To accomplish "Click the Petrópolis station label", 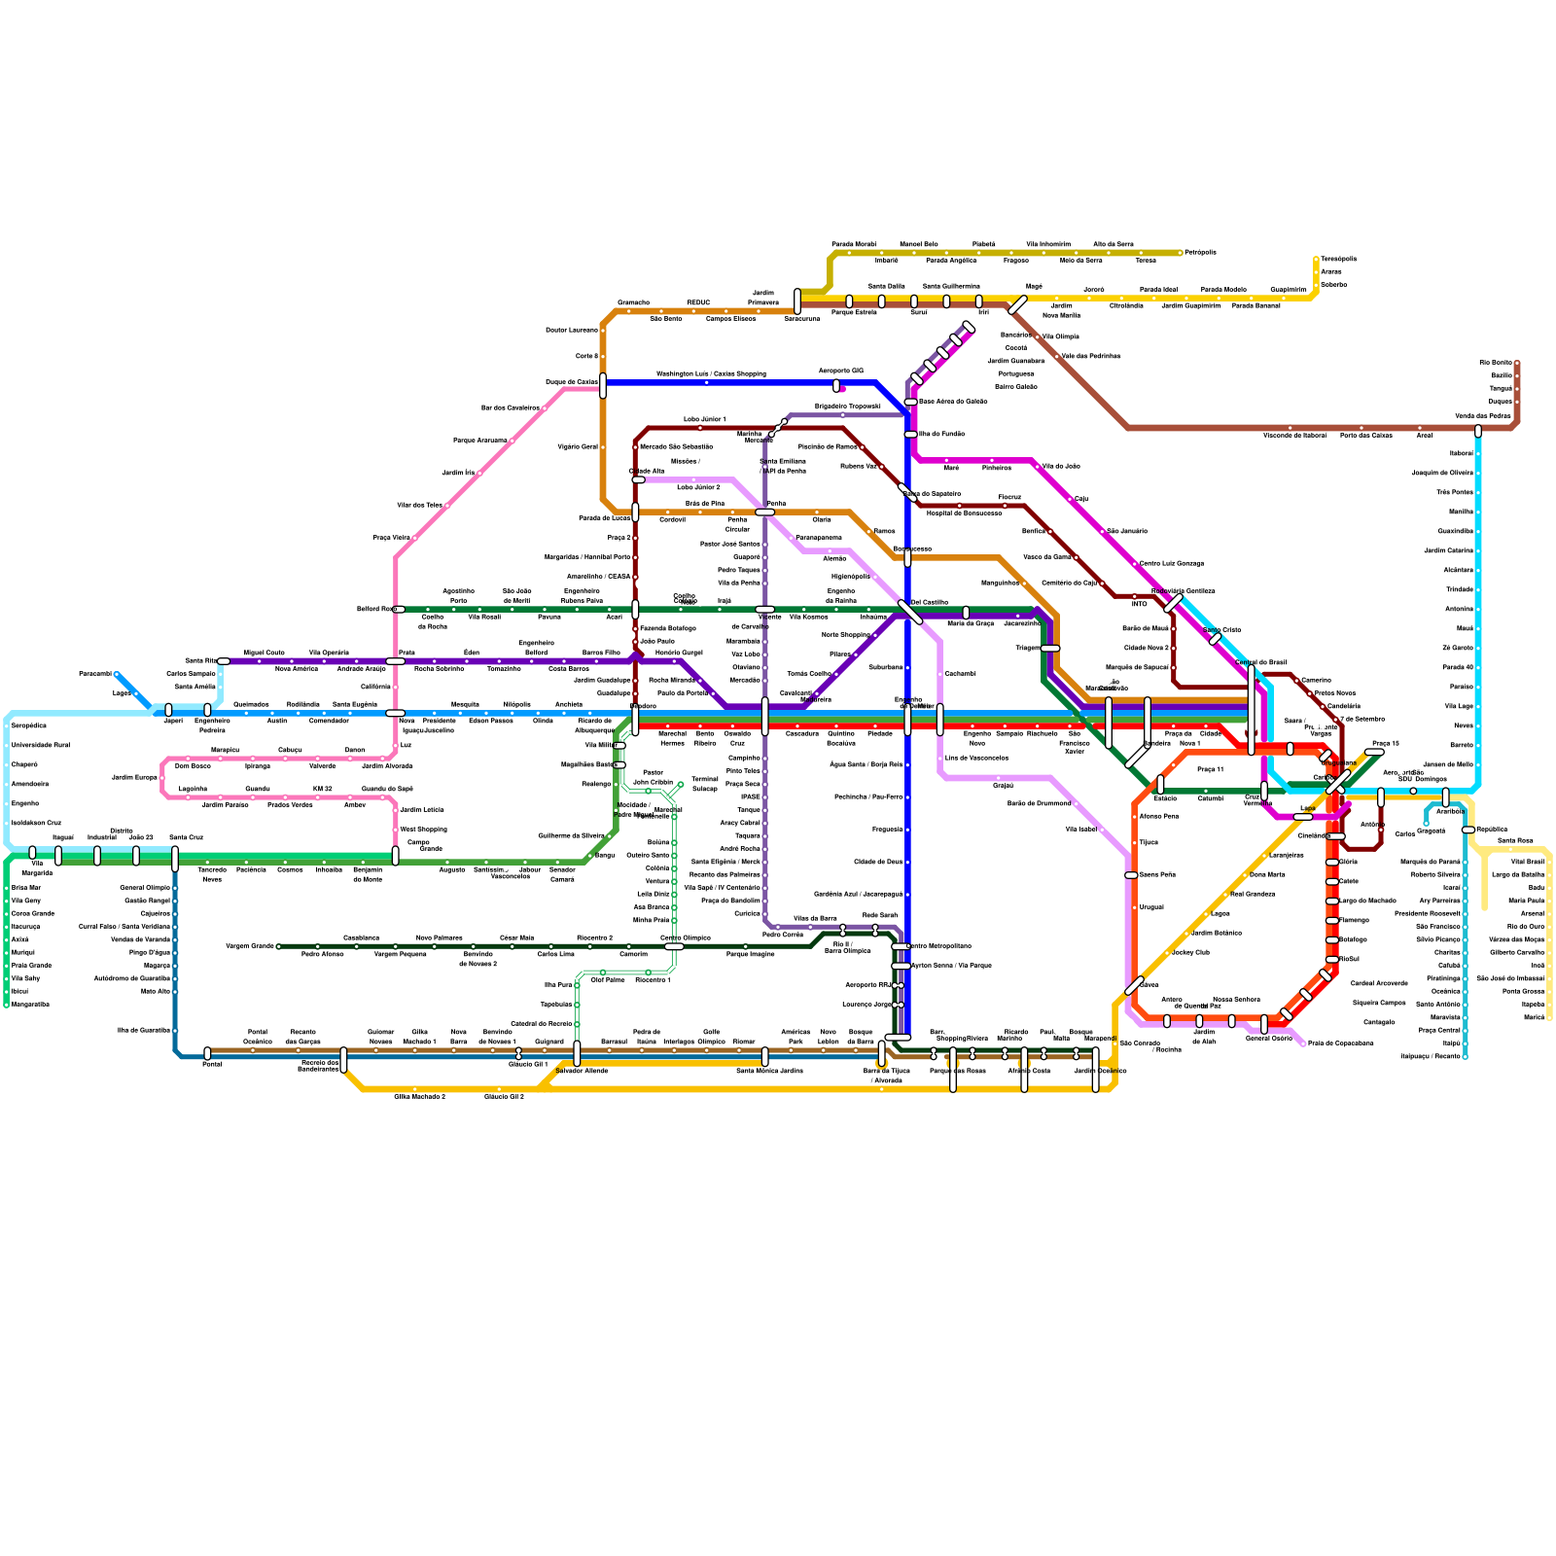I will [x=1200, y=253].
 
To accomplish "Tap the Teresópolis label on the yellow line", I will [x=1338, y=260].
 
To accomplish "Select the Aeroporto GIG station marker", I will [x=836, y=385].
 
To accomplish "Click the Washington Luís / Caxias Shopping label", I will [x=710, y=373].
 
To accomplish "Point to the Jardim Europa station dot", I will [x=163, y=778].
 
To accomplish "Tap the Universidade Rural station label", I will [x=40, y=746].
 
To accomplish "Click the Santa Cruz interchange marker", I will [x=175, y=858].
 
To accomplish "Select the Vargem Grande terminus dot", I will [x=278, y=946].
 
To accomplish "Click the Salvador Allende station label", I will [x=582, y=1071].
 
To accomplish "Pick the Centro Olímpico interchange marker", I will [x=674, y=946].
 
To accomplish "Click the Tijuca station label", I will [x=1149, y=843].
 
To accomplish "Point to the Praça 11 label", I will [x=1210, y=769].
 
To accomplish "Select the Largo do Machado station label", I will [x=1367, y=902].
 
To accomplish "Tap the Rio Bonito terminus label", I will [x=1496, y=363].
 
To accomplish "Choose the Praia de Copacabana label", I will [x=1340, y=1043].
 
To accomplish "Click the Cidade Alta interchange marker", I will [x=638, y=479].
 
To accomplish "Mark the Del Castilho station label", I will [x=929, y=603].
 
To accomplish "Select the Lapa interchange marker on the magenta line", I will [x=1302, y=817].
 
